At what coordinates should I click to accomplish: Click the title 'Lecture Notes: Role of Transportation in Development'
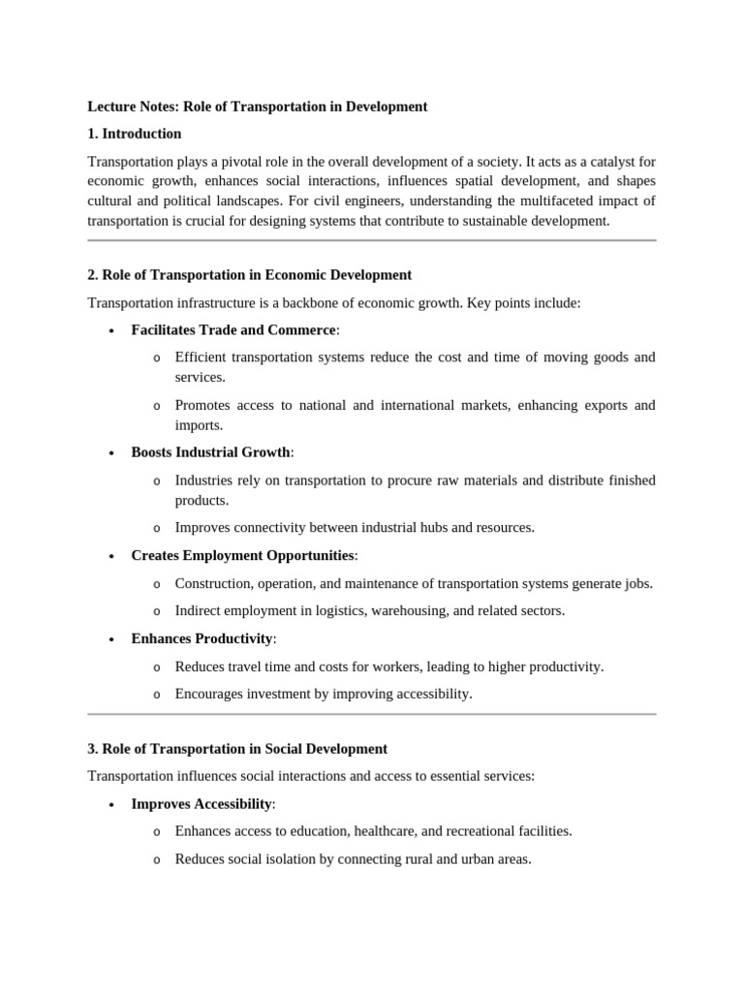pyautogui.click(x=257, y=107)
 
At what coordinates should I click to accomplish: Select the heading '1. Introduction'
pyautogui.click(x=134, y=134)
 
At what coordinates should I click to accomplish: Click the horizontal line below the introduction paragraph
pyautogui.click(x=371, y=240)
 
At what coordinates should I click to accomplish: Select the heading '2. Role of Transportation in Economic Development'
pyautogui.click(x=249, y=275)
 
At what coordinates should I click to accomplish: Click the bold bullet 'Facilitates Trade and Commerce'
pyautogui.click(x=232, y=330)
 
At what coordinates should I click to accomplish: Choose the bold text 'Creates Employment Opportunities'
pyautogui.click(x=242, y=555)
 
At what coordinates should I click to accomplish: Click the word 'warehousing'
pyautogui.click(x=399, y=610)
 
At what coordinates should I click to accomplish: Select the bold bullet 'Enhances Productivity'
pyautogui.click(x=201, y=638)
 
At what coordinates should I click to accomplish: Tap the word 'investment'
pyautogui.click(x=278, y=694)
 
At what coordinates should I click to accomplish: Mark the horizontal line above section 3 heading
pyautogui.click(x=371, y=714)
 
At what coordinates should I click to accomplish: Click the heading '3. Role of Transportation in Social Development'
pyautogui.click(x=237, y=749)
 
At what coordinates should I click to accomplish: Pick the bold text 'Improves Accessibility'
pyautogui.click(x=201, y=804)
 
